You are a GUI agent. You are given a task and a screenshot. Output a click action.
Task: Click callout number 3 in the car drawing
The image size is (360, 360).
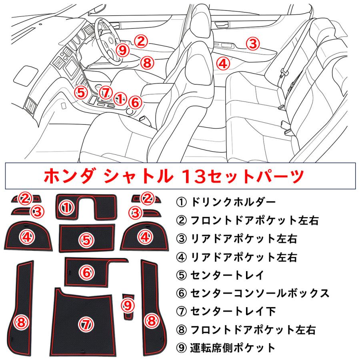pyautogui.click(x=252, y=43)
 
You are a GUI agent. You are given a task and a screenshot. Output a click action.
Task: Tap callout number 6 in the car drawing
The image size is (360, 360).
pyautogui.click(x=135, y=102)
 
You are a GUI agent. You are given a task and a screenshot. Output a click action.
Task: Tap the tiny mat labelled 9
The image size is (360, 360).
pyautogui.click(x=128, y=306)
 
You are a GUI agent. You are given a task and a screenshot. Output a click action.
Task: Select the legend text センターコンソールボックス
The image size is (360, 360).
pyautogui.click(x=260, y=294)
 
